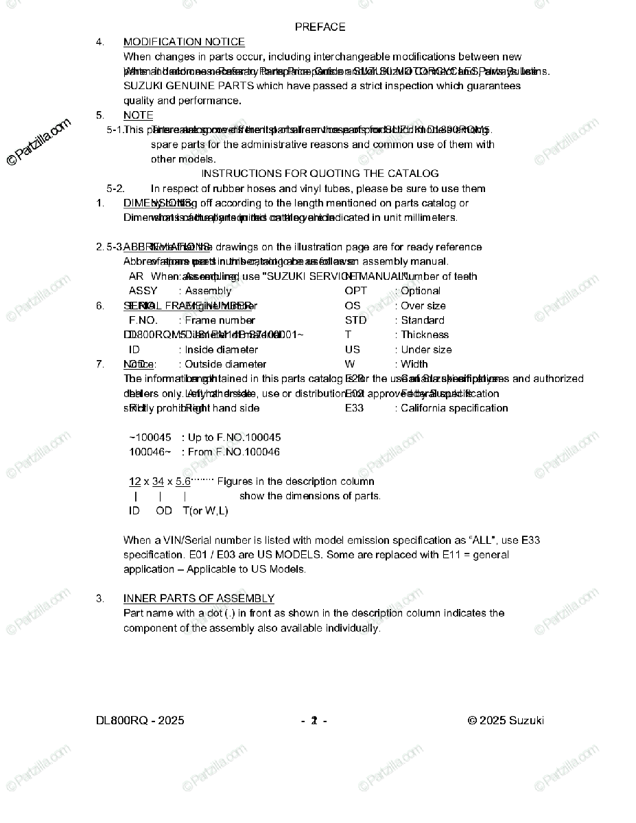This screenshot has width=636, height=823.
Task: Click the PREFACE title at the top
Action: pyautogui.click(x=320, y=27)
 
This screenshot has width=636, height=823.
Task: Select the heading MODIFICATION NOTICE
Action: pyautogui.click(x=184, y=42)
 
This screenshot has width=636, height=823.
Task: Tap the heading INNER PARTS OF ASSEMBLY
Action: pyautogui.click(x=199, y=599)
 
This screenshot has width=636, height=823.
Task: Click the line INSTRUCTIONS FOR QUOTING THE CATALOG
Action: pyautogui.click(x=320, y=174)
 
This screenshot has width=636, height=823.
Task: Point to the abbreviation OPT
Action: pyautogui.click(x=355, y=291)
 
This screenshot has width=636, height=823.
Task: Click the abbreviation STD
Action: pyautogui.click(x=355, y=320)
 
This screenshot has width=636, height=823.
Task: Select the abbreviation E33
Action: pyautogui.click(x=354, y=408)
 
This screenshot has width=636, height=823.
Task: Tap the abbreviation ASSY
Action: pyautogui.click(x=143, y=291)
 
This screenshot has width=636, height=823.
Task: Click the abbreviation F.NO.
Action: pyautogui.click(x=143, y=320)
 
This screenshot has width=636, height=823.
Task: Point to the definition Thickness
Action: pyautogui.click(x=425, y=335)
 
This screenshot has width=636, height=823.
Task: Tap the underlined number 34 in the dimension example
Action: pyautogui.click(x=158, y=481)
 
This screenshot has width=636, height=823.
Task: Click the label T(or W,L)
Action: pyautogui.click(x=205, y=511)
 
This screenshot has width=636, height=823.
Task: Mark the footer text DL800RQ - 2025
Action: pyautogui.click(x=140, y=720)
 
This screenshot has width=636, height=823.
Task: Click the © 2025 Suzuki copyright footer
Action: pyautogui.click(x=506, y=720)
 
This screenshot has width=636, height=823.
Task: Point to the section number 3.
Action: pyautogui.click(x=100, y=599)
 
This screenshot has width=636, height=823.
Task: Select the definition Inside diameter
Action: pyautogui.click(x=222, y=350)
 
